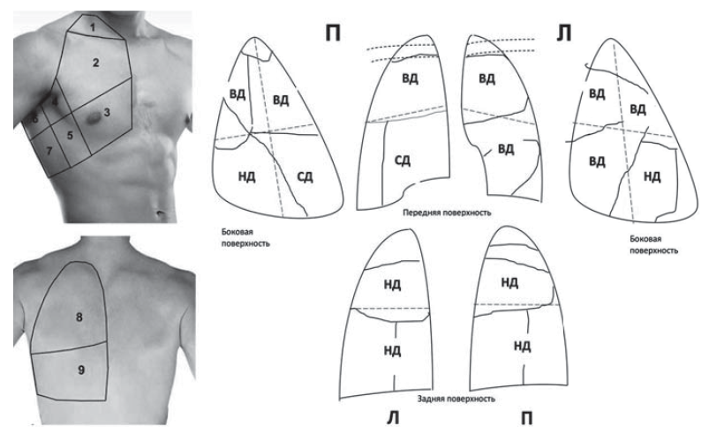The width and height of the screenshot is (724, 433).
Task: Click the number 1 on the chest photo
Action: tap(93, 27)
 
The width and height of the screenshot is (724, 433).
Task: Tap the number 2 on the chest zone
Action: tap(95, 63)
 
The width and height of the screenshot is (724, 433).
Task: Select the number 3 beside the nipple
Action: tap(107, 112)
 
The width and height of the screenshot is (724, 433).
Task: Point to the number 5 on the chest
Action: tap(70, 136)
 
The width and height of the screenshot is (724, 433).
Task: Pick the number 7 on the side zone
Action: tap(49, 151)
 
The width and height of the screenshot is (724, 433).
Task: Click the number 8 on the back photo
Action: tap(79, 317)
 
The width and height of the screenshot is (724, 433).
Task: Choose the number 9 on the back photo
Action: tap(81, 370)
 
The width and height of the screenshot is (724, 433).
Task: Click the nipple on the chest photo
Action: tap(94, 118)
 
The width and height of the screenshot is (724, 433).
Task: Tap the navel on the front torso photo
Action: tap(161, 213)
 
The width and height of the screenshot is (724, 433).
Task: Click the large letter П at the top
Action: tap(333, 34)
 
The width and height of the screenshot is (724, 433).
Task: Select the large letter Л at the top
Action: tap(564, 34)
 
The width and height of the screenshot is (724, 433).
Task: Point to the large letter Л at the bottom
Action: tap(393, 418)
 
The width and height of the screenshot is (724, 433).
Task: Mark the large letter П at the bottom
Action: tap(526, 418)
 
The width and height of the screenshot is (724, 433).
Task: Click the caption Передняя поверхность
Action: tap(447, 213)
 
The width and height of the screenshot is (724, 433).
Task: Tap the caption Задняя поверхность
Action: tap(456, 399)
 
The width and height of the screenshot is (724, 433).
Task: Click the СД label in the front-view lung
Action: tap(403, 161)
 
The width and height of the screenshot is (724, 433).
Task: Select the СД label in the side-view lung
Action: tap(305, 176)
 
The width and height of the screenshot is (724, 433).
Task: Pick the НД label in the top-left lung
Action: tap(247, 176)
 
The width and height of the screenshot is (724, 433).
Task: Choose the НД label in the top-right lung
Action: tap(652, 176)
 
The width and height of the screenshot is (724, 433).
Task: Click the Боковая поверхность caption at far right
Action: tap(654, 245)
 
